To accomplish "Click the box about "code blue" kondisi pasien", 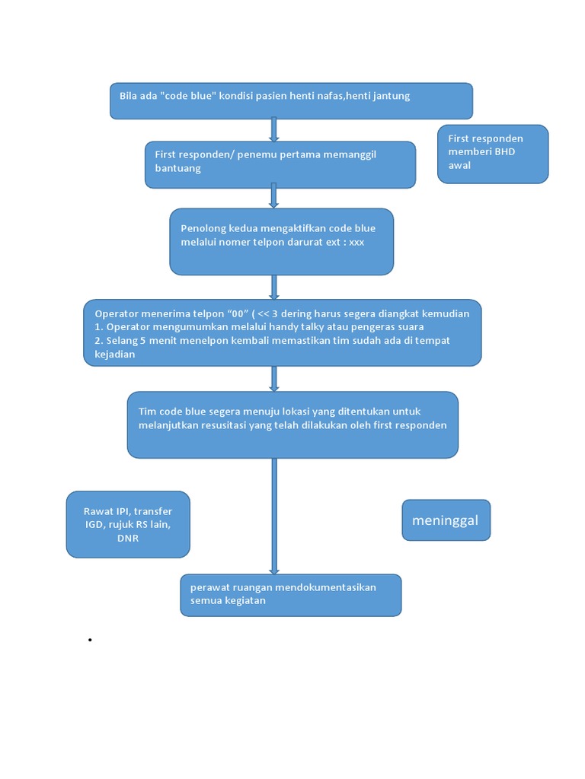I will pyautogui.click(x=291, y=101).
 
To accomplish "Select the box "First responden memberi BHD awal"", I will pyautogui.click(x=493, y=154).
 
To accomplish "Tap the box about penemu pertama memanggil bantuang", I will pyautogui.click(x=280, y=164).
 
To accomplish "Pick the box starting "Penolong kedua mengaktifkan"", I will pyautogui.click(x=281, y=241).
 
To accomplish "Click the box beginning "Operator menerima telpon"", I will pyautogui.click(x=283, y=333).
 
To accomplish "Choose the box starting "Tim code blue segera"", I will pyautogui.click(x=292, y=424).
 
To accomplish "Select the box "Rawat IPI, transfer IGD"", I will pyautogui.click(x=128, y=524).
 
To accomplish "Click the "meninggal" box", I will pyautogui.click(x=446, y=520).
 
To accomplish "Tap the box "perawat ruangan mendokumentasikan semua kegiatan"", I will pyautogui.click(x=290, y=595).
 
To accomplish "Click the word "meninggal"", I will pyautogui.click(x=446, y=520).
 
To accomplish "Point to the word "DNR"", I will pyautogui.click(x=128, y=538).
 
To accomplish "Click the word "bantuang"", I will pyautogui.click(x=177, y=168).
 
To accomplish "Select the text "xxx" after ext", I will pyautogui.click(x=356, y=241).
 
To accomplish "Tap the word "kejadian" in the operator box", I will pyautogui.click(x=115, y=354).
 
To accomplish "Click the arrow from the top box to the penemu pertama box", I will pyautogui.click(x=274, y=130).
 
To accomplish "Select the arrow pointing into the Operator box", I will pyautogui.click(x=274, y=287).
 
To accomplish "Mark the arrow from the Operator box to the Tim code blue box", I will pyautogui.click(x=274, y=379).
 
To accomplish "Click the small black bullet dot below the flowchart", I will pyautogui.click(x=90, y=641).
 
